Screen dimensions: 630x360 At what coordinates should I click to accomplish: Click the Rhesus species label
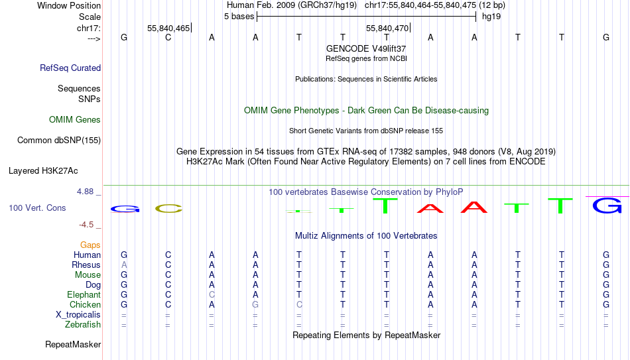(x=86, y=265)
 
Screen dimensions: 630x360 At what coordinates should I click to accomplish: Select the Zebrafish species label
(x=83, y=324)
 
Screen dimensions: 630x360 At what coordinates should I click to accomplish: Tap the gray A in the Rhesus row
(x=124, y=265)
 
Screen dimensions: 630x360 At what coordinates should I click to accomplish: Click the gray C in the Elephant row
(x=212, y=294)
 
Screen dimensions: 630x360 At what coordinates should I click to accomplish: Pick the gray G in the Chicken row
(x=255, y=304)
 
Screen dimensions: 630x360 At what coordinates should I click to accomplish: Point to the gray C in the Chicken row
(x=299, y=304)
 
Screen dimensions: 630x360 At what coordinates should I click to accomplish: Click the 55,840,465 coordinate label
(x=168, y=28)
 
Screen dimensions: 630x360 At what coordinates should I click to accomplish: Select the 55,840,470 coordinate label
(x=387, y=28)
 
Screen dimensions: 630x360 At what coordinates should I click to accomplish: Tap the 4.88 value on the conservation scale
(x=85, y=192)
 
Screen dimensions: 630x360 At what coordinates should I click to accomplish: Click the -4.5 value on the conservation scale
(x=86, y=225)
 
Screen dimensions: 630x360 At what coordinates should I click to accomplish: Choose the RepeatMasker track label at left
(x=73, y=344)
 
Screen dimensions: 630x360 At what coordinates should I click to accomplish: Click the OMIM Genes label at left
(x=75, y=120)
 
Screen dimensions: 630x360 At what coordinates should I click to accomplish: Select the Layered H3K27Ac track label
(x=43, y=171)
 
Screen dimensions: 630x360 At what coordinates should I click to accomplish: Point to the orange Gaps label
(x=90, y=245)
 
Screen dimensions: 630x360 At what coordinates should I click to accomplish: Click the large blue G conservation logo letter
(x=607, y=206)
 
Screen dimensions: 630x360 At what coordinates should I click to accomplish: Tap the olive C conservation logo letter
(x=168, y=209)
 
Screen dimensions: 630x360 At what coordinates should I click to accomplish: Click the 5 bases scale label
(x=239, y=17)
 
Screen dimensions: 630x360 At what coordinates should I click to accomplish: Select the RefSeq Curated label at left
(x=70, y=68)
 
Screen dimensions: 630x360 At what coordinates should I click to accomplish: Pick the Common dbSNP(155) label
(x=59, y=141)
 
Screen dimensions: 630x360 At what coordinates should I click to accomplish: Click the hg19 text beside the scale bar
(x=491, y=17)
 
